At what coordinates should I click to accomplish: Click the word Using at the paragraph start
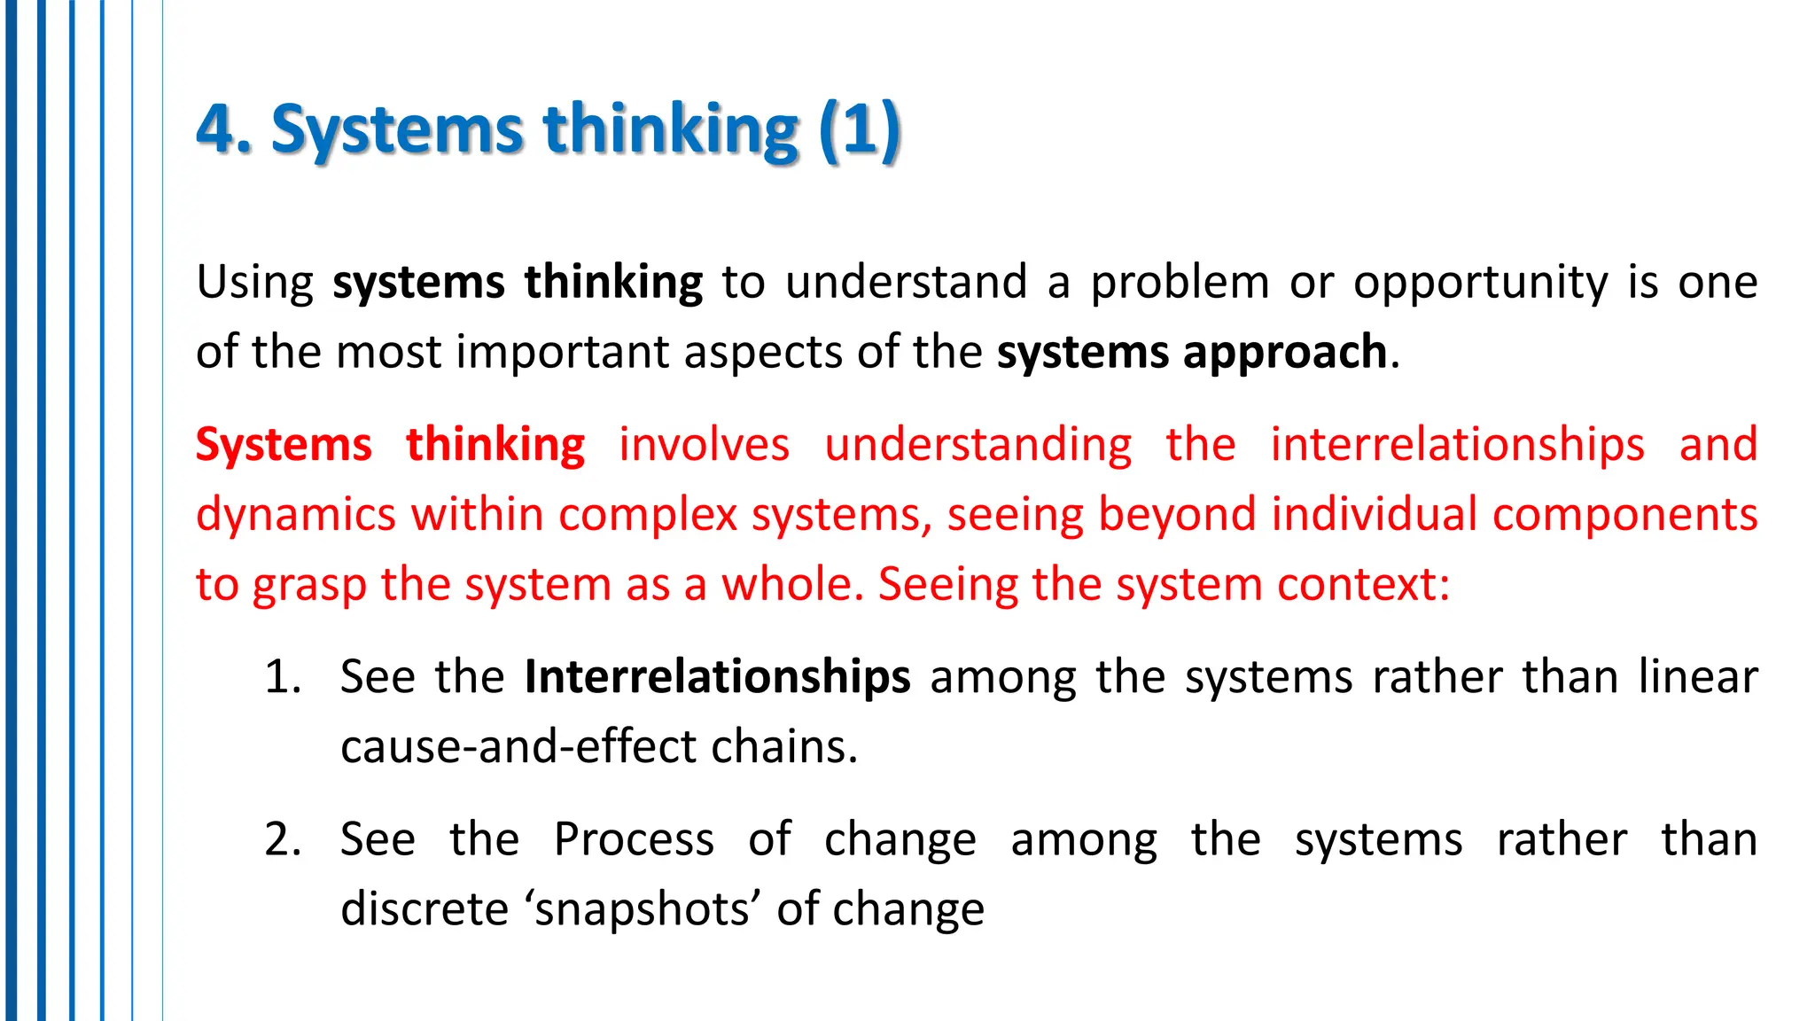pos(254,283)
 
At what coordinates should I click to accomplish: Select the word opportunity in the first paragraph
pos(1480,283)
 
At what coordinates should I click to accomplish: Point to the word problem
pos(1180,283)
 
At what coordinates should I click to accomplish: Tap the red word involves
pos(704,445)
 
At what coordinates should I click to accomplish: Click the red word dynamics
pos(295,515)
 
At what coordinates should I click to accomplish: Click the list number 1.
pos(282,678)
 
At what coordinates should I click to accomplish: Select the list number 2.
pos(282,840)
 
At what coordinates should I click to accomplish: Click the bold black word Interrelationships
pos(717,678)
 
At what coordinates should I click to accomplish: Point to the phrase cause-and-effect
pos(518,747)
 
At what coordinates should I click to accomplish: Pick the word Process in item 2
pos(634,840)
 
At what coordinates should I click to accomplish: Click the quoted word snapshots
pos(643,910)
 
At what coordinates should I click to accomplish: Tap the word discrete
pos(424,910)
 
